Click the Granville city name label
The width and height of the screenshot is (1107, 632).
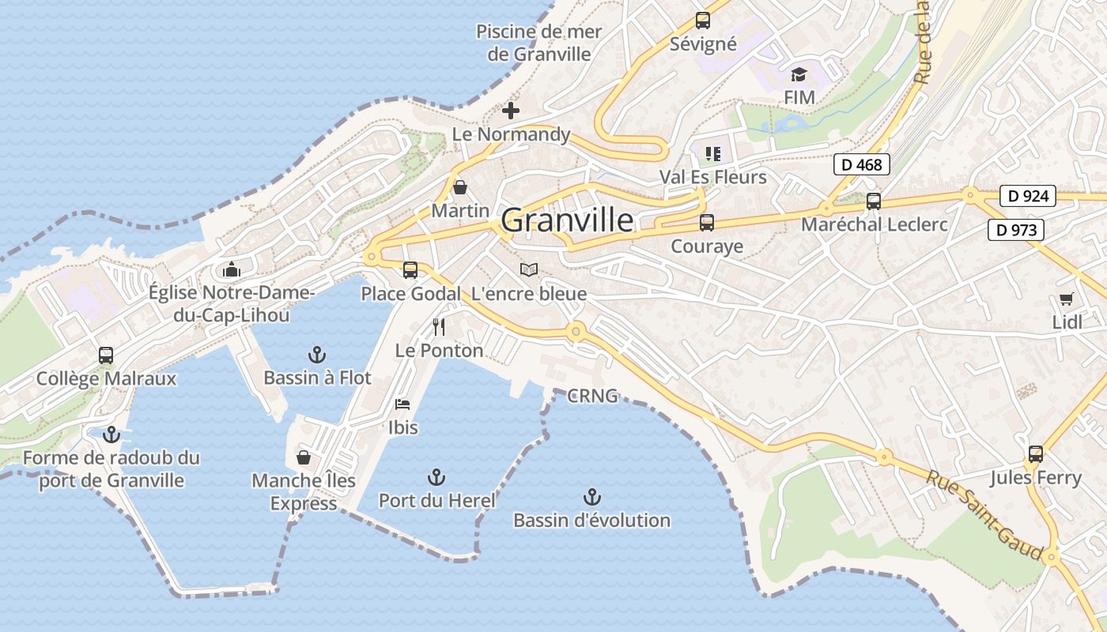click(x=567, y=220)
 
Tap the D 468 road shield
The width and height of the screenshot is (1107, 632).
click(x=862, y=165)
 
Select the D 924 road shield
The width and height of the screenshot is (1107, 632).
click(x=1028, y=196)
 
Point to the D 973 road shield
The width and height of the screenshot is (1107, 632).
click(x=1016, y=231)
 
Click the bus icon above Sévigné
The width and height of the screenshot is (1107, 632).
click(x=702, y=21)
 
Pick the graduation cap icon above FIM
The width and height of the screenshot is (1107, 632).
click(x=799, y=75)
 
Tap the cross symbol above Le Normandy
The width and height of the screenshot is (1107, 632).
click(x=511, y=111)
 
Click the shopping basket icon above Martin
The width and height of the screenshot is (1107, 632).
click(x=460, y=188)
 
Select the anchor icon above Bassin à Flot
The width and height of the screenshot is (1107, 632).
click(x=317, y=354)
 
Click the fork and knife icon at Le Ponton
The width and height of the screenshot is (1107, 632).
click(x=439, y=326)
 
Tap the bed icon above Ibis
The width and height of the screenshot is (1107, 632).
click(x=402, y=404)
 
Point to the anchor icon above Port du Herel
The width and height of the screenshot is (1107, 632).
click(x=436, y=477)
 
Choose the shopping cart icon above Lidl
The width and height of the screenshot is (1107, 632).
click(x=1066, y=299)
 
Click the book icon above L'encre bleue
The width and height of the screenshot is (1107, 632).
click(x=528, y=270)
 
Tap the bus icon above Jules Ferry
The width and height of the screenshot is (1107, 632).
click(x=1035, y=454)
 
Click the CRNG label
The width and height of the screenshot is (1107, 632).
click(x=592, y=397)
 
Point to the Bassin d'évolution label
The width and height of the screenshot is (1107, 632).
click(x=591, y=521)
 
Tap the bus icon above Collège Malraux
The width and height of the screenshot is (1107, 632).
click(x=106, y=355)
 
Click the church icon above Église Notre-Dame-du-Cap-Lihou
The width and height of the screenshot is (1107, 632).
click(x=231, y=270)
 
